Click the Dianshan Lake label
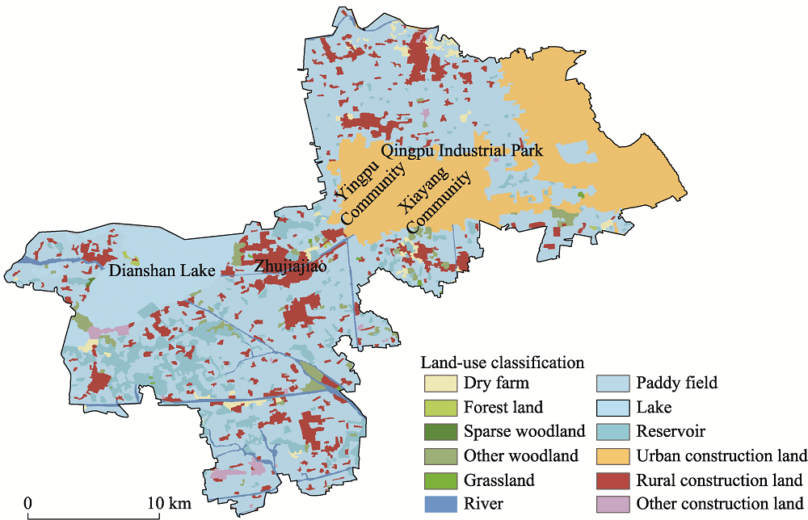pos(162,271)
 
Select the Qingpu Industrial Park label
pos(462,151)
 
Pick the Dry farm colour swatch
pos(440,383)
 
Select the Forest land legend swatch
pos(440,407)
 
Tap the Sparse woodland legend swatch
pos(440,431)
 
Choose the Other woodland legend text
pos(520,455)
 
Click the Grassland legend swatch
pos(440,480)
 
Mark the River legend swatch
pos(440,504)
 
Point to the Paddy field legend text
pos(676,383)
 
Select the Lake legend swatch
pos(612,407)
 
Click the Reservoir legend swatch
pos(612,431)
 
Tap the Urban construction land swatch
pos(612,455)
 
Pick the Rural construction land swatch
pos(612,480)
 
